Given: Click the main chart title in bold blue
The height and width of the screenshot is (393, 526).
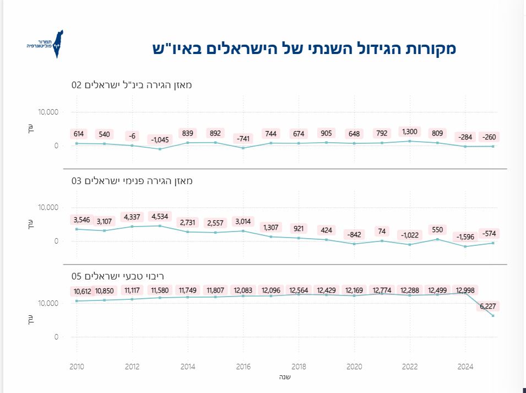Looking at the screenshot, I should [x=304, y=49].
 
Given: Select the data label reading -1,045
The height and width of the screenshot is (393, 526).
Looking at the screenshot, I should [x=160, y=139].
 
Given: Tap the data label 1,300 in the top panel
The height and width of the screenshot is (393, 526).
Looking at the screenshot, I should [x=410, y=132].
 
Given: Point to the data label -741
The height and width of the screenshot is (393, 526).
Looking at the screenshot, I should [x=243, y=138].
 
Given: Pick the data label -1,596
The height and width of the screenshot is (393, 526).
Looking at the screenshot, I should [x=465, y=237].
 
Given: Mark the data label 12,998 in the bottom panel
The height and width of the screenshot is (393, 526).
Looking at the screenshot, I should [x=465, y=290].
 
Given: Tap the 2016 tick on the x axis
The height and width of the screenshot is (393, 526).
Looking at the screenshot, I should [x=243, y=367].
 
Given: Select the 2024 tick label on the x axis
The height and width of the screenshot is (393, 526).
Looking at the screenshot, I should [x=465, y=367].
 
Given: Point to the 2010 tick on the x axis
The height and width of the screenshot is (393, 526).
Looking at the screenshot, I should [x=77, y=367].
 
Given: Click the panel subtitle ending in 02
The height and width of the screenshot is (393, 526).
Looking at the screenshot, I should [x=132, y=85].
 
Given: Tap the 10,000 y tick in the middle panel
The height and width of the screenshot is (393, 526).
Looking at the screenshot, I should [x=48, y=208].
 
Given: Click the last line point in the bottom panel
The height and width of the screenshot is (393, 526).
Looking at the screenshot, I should [x=493, y=316].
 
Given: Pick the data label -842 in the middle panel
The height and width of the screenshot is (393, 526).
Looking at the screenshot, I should [x=354, y=234].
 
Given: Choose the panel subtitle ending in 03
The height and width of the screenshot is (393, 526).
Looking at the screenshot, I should [x=132, y=181].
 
